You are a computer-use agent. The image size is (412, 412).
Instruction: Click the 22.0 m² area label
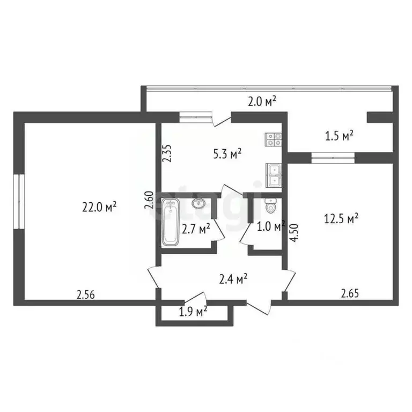click(x=99, y=207)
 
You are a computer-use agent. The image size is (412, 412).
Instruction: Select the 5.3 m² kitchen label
click(x=227, y=154)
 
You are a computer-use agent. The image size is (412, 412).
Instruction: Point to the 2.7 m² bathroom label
click(x=196, y=229)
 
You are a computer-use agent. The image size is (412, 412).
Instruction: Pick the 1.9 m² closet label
click(x=193, y=312)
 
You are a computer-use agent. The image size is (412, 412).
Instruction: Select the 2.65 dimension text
click(x=350, y=293)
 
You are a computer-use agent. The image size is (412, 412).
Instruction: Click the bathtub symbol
click(x=171, y=222)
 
